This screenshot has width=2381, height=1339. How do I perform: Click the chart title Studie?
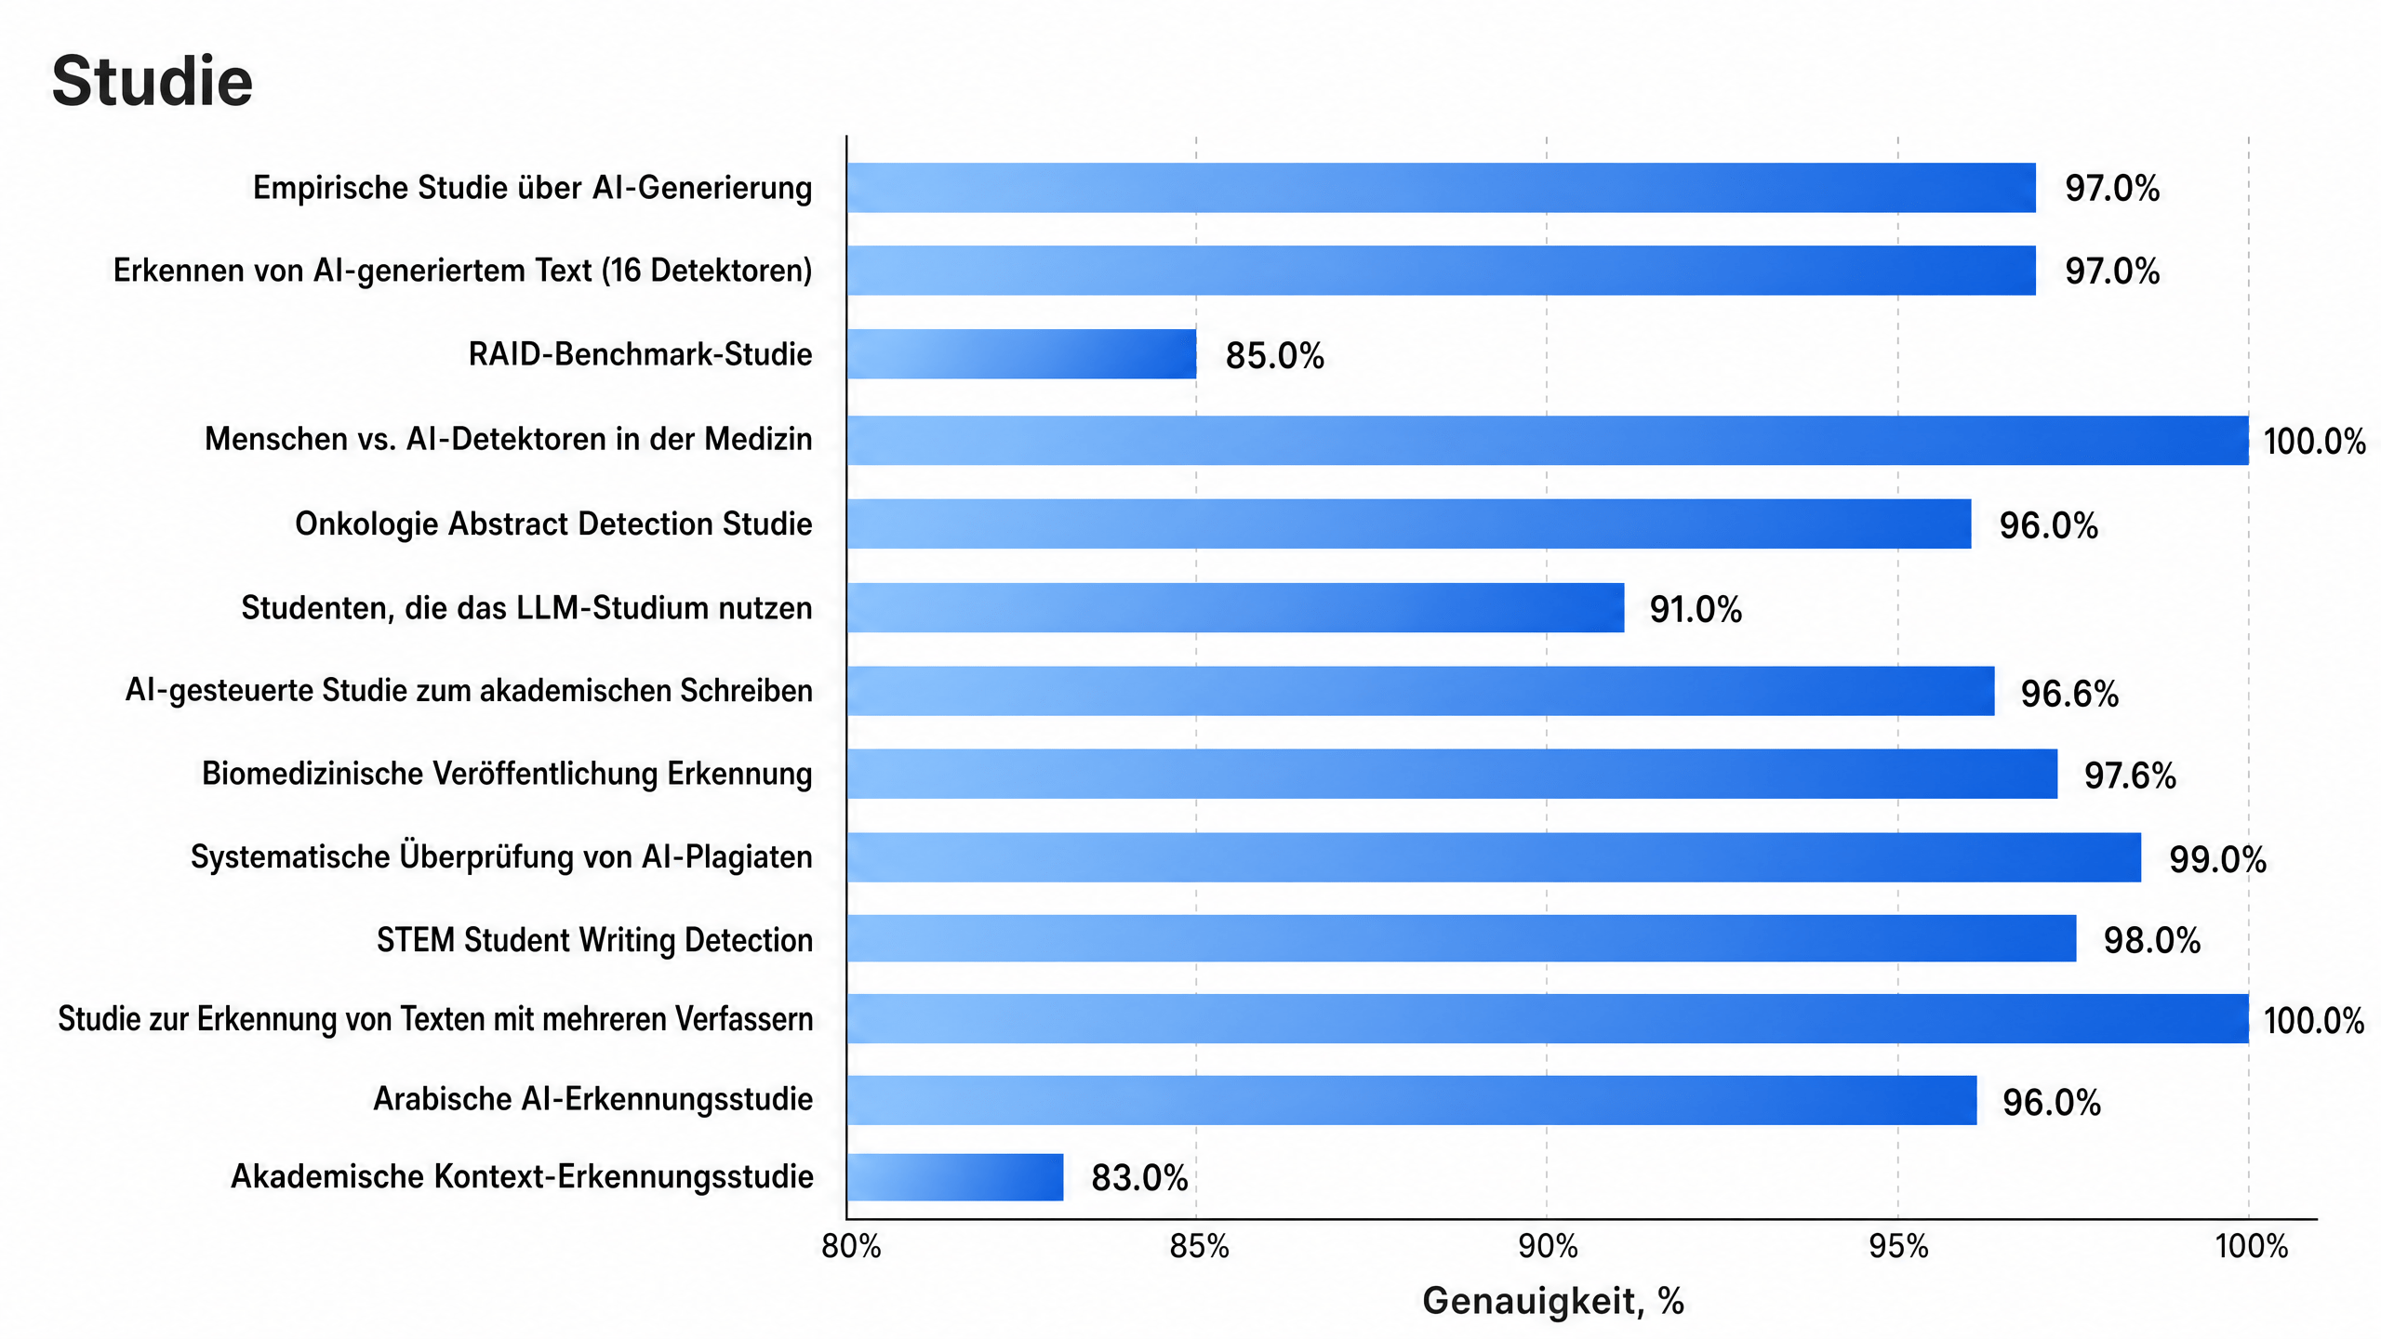[152, 81]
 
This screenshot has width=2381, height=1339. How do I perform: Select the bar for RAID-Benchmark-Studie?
[1021, 354]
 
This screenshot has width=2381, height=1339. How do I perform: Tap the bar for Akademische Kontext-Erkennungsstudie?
[955, 1177]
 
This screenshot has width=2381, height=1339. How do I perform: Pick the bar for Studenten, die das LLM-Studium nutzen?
[1236, 608]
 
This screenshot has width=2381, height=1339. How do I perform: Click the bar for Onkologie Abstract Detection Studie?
[1409, 524]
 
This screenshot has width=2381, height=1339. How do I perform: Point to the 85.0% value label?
[1274, 356]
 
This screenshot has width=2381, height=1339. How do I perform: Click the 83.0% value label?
[1139, 1178]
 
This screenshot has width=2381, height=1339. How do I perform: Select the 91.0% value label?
[1696, 610]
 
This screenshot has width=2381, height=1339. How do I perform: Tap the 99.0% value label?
[2217, 860]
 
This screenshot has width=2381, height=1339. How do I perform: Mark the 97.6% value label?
[2130, 776]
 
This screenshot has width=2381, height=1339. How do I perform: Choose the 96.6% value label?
[2069, 694]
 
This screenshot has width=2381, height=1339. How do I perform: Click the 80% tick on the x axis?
[850, 1247]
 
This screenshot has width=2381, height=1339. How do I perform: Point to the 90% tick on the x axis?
[1548, 1247]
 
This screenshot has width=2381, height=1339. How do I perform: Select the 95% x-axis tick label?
[1898, 1247]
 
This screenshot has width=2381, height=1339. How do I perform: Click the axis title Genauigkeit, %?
[1553, 1301]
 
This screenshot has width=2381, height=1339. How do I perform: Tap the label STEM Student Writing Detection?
[594, 940]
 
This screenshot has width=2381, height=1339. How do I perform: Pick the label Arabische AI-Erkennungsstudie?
[592, 1099]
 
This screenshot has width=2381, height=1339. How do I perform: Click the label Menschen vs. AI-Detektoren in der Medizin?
[508, 439]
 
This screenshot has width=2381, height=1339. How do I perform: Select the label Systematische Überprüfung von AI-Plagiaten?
[501, 856]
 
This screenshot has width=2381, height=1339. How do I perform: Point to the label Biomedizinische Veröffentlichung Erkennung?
[507, 774]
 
